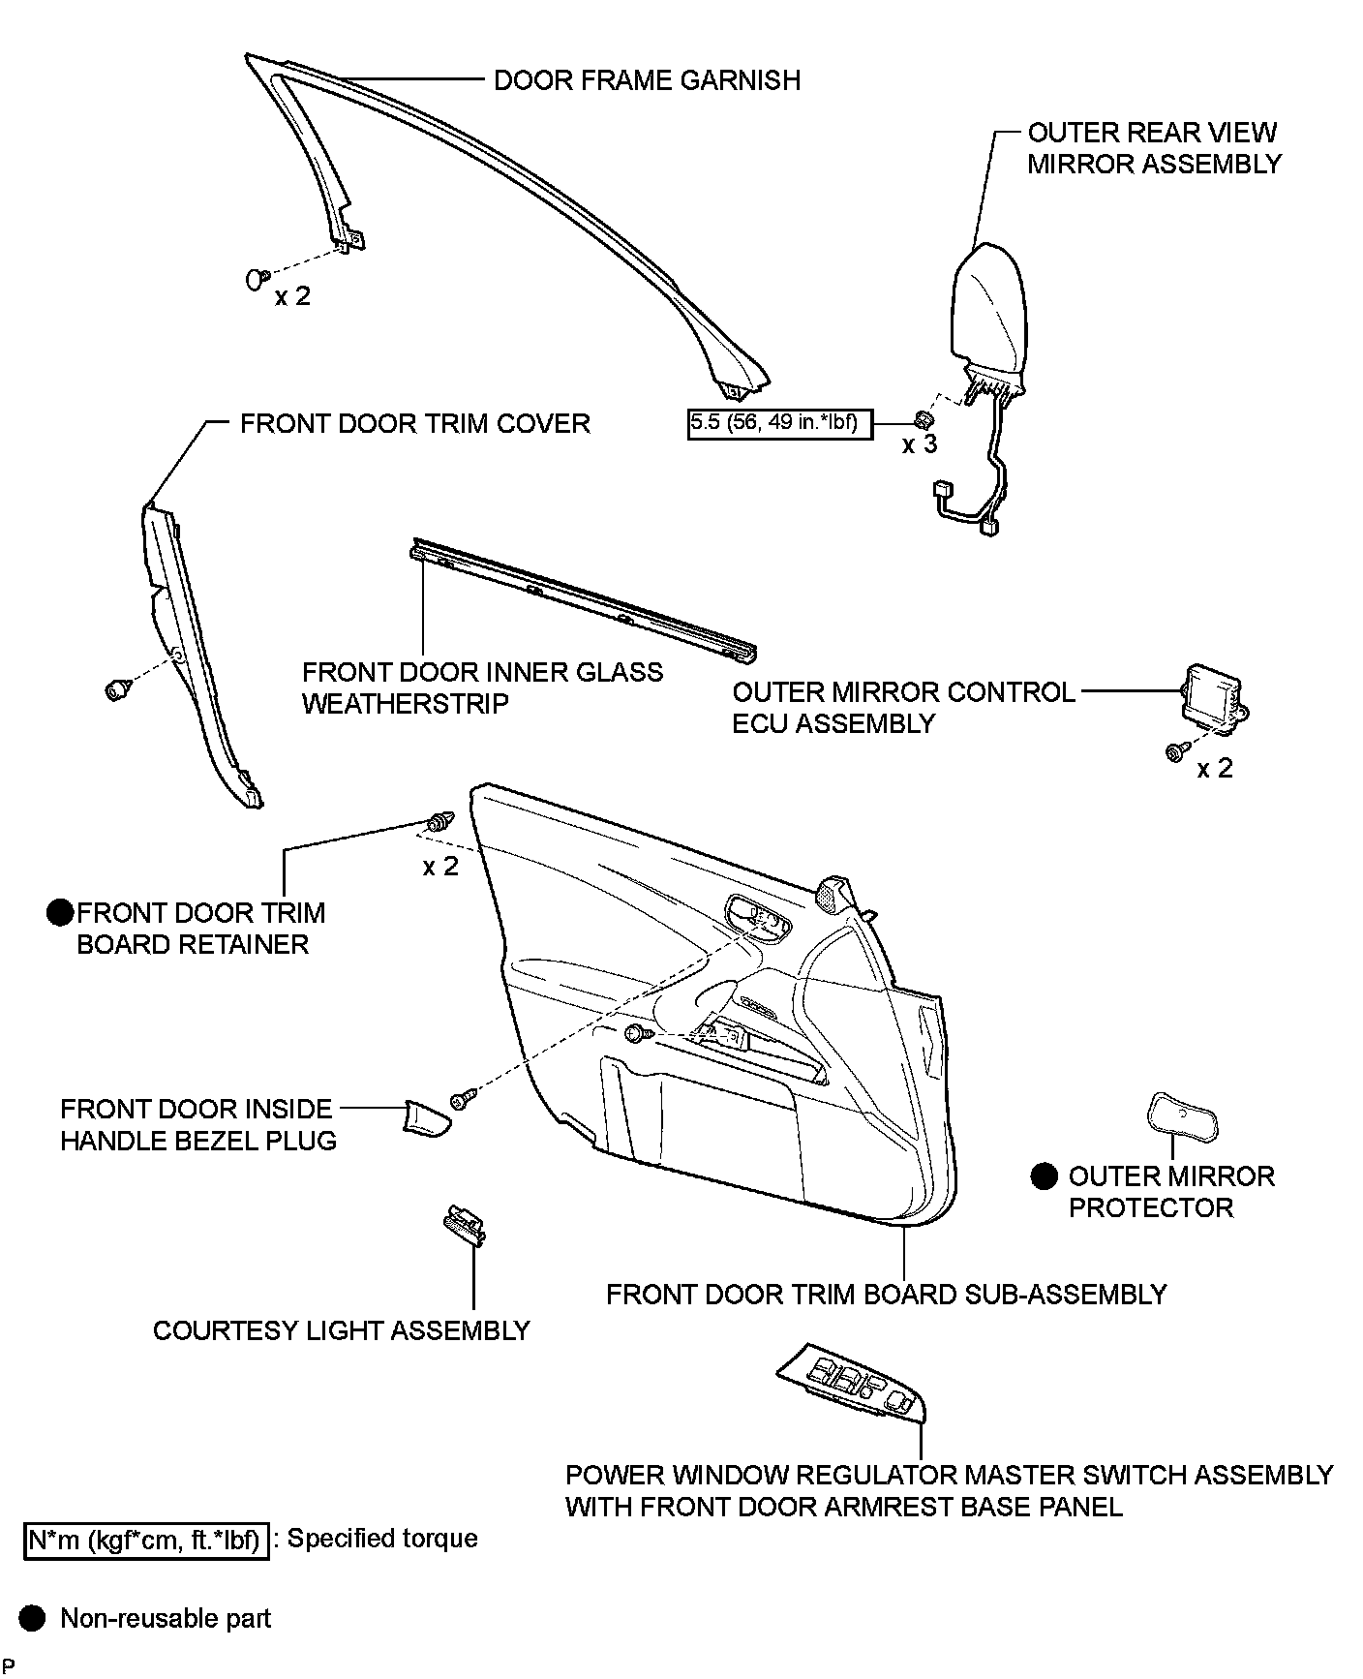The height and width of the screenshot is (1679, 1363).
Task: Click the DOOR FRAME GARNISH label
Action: point(647,79)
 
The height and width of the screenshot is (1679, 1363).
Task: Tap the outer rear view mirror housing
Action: point(988,305)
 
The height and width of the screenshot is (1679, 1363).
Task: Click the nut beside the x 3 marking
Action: point(924,420)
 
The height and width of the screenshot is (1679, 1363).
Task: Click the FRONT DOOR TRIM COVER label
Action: point(414,423)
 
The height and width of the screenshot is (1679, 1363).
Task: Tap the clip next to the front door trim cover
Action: point(117,689)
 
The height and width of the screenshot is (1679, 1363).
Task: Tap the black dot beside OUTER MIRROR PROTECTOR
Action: point(1043,1175)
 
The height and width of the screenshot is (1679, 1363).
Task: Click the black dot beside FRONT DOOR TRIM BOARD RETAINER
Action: point(60,912)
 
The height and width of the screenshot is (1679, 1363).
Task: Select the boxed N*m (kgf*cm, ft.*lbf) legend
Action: point(145,1539)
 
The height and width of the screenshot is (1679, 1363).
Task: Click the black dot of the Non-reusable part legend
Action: point(33,1618)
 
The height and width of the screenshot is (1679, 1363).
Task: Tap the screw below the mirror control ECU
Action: point(1174,751)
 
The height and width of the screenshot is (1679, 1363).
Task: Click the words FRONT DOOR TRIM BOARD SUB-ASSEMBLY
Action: point(886,1294)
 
